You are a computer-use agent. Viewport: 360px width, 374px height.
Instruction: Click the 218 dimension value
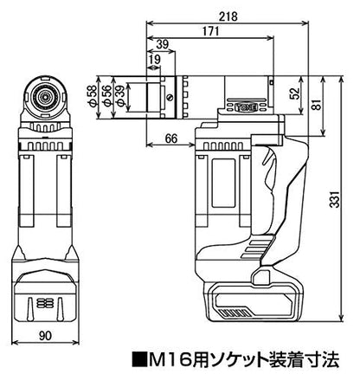click(228, 16)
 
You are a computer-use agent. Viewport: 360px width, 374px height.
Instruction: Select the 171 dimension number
click(209, 31)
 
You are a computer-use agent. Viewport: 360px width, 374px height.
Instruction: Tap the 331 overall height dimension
click(335, 199)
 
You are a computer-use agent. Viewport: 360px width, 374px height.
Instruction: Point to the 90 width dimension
click(45, 335)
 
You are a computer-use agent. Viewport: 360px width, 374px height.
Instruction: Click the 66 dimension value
click(171, 139)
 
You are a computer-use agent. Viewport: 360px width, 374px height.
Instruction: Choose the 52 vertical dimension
click(295, 93)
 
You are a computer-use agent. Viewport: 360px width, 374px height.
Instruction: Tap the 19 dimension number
click(155, 60)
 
